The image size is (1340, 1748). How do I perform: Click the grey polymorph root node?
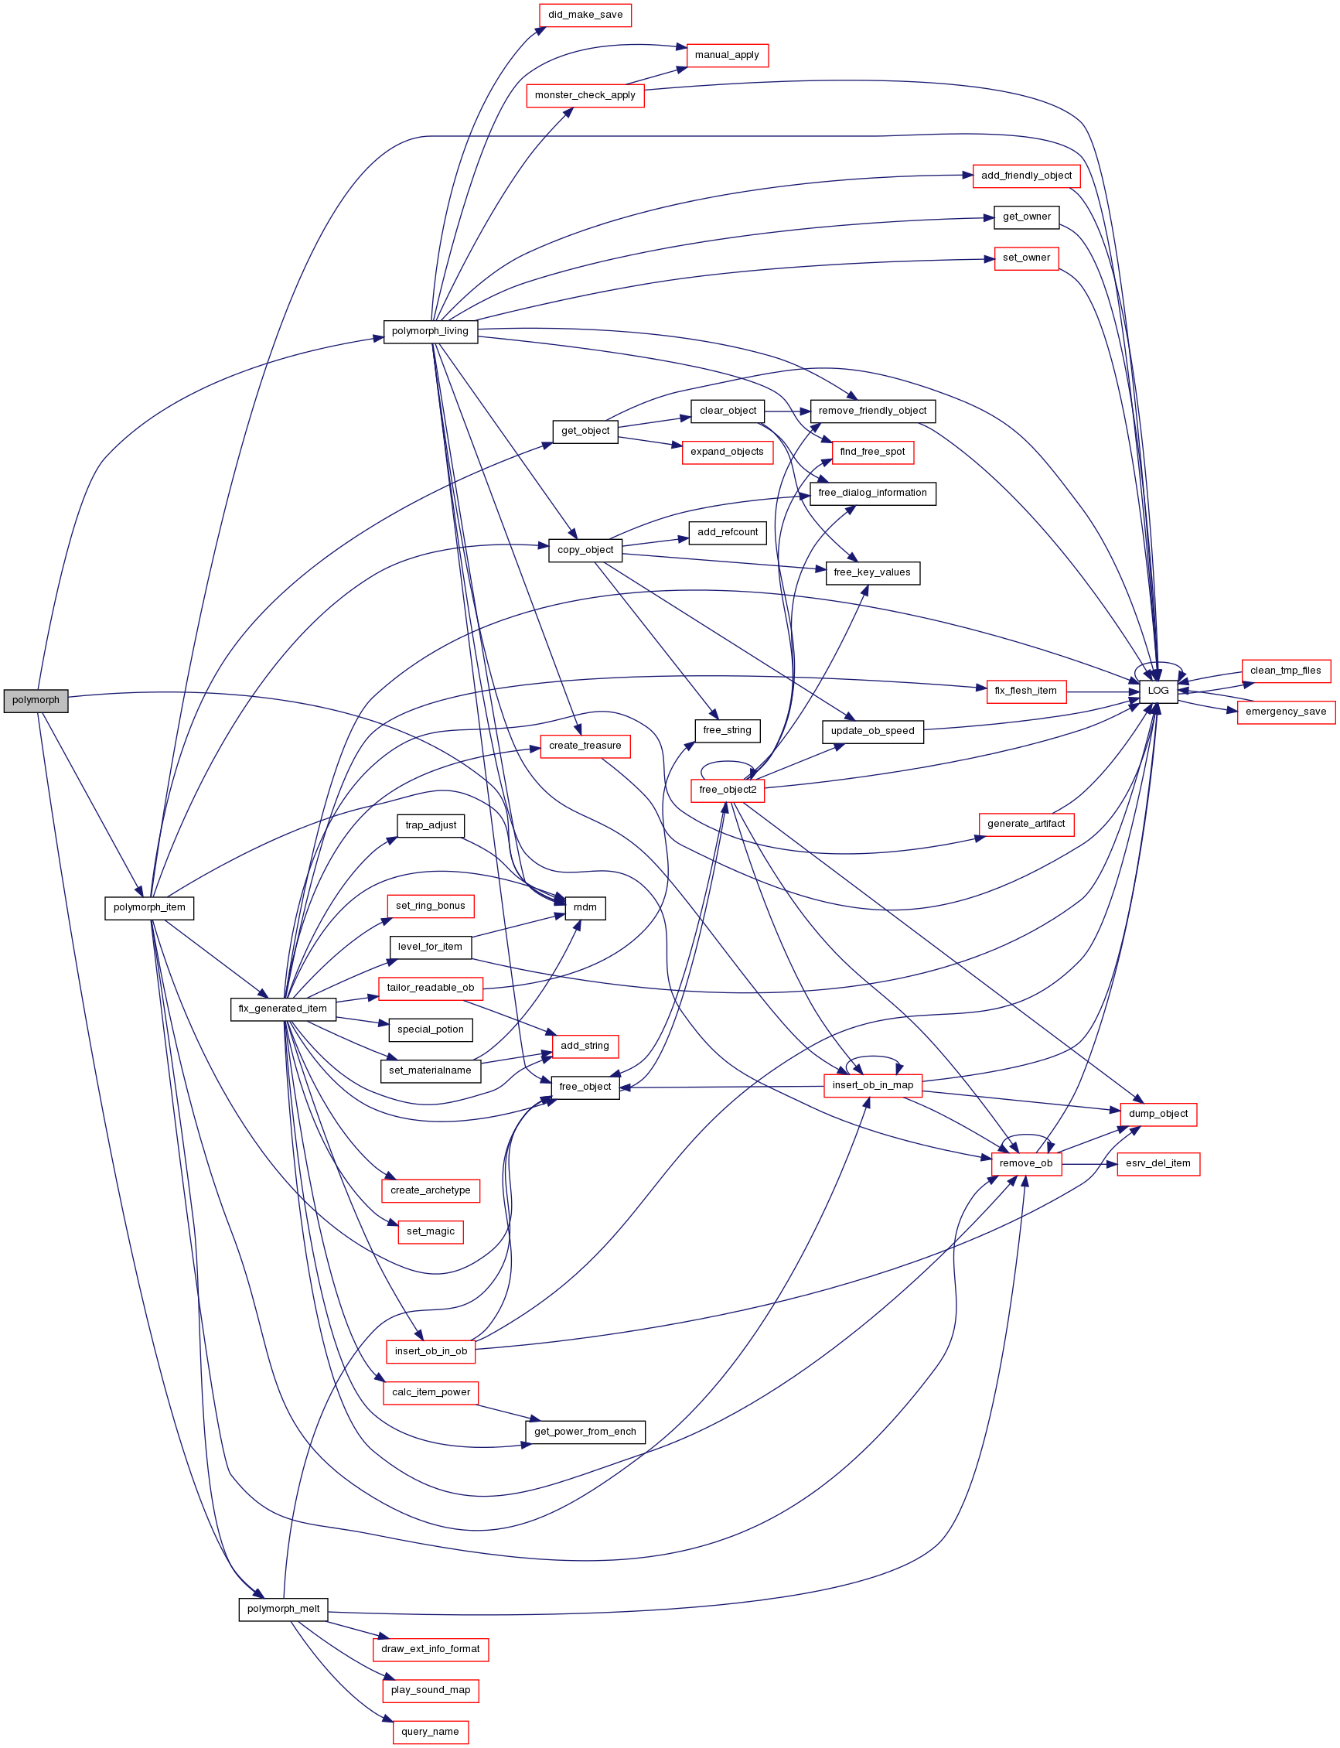[x=36, y=701]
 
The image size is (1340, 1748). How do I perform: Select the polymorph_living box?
[x=431, y=331]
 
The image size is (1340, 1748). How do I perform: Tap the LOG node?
[x=1158, y=691]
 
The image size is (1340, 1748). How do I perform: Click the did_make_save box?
[x=585, y=15]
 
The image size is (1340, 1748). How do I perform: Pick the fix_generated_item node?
[x=283, y=1009]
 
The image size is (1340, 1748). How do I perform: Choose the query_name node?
[x=431, y=1731]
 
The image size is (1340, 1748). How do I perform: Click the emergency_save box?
[x=1286, y=712]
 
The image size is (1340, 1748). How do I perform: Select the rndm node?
[x=585, y=908]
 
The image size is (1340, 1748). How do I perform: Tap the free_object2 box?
[x=728, y=790]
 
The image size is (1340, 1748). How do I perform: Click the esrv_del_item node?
[x=1158, y=1163]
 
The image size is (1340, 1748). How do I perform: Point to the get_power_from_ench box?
[x=585, y=1431]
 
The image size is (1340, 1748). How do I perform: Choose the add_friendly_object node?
[x=1027, y=176]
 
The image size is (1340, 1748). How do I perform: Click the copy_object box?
[x=585, y=550]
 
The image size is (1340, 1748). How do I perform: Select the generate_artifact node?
[x=1027, y=824]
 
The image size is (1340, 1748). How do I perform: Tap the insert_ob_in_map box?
[x=874, y=1085]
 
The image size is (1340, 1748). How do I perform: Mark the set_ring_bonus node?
[x=431, y=906]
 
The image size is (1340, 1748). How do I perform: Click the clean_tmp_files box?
[x=1286, y=670]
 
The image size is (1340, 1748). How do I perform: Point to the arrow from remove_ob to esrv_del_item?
[x=1089, y=1164]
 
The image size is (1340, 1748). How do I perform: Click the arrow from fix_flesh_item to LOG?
[x=1103, y=691]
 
